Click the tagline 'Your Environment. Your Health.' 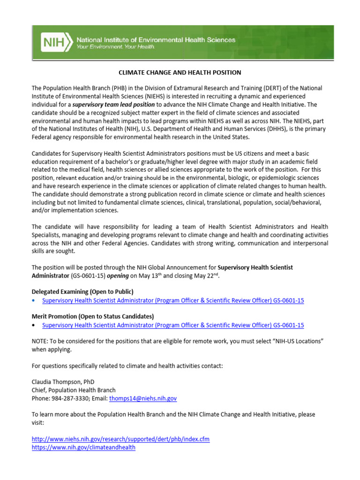(x=116, y=47)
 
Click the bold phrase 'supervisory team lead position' (x=113, y=105)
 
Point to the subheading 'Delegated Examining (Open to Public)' (x=82, y=292)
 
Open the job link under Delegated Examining (x=173, y=300)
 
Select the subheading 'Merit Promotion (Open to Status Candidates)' (x=93, y=316)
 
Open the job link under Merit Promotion (x=173, y=325)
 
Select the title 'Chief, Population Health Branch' (x=74, y=390)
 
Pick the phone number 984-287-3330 (x=69, y=398)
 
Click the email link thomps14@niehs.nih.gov (x=143, y=398)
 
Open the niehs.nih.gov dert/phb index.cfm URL (x=120, y=439)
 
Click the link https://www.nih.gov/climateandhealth (x=83, y=447)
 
